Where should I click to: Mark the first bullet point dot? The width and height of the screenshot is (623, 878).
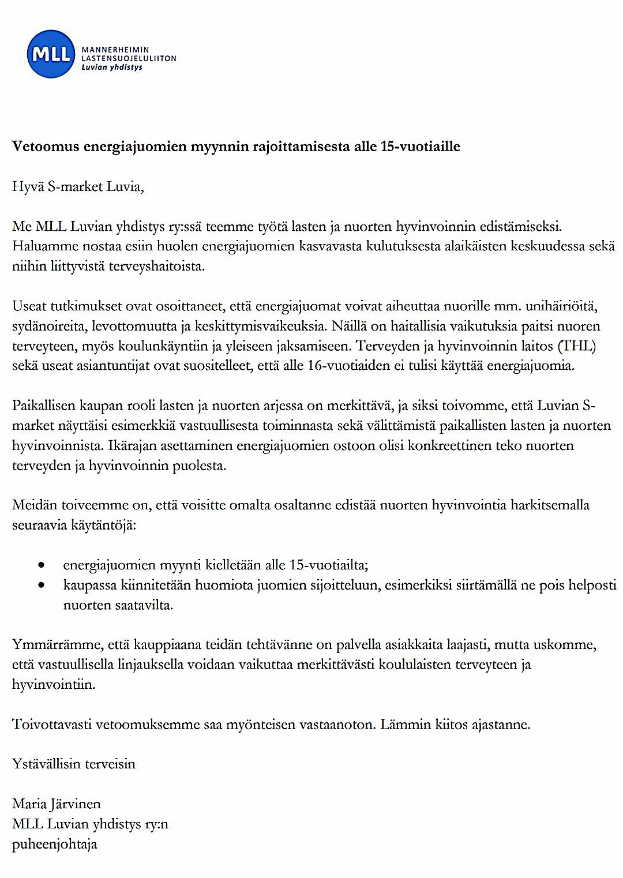(40, 565)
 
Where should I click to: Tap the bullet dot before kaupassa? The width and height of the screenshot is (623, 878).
(40, 586)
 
